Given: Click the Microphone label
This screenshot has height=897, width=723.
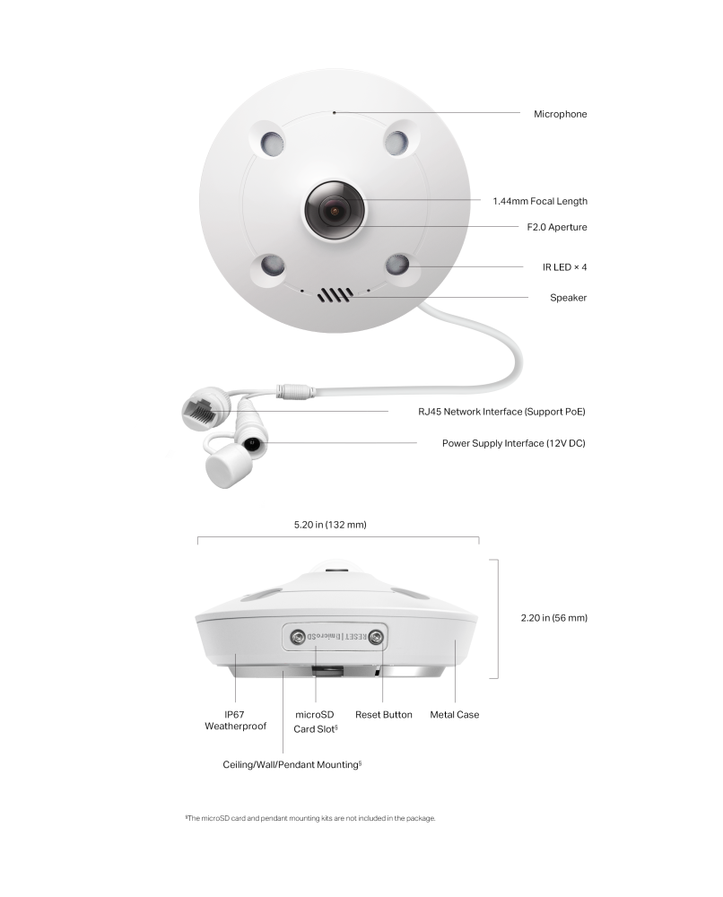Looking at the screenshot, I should click(x=560, y=114).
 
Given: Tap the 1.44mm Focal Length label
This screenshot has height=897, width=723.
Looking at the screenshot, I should click(x=540, y=201).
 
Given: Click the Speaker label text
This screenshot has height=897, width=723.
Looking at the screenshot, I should click(x=568, y=297).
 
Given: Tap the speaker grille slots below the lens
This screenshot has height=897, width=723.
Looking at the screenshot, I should click(x=335, y=294).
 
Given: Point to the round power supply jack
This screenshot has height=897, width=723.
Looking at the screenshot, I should click(x=252, y=443).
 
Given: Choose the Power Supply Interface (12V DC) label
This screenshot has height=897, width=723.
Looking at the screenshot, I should click(x=513, y=443).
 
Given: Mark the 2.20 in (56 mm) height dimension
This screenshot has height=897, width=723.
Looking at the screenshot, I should click(x=553, y=618).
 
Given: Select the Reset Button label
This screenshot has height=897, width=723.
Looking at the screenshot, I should click(x=383, y=715).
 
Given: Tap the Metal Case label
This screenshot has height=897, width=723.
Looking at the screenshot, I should click(x=455, y=715).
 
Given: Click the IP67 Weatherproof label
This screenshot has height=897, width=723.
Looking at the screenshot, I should click(x=233, y=720).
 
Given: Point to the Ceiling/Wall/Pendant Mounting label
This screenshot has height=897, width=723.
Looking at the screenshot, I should click(x=292, y=765).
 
